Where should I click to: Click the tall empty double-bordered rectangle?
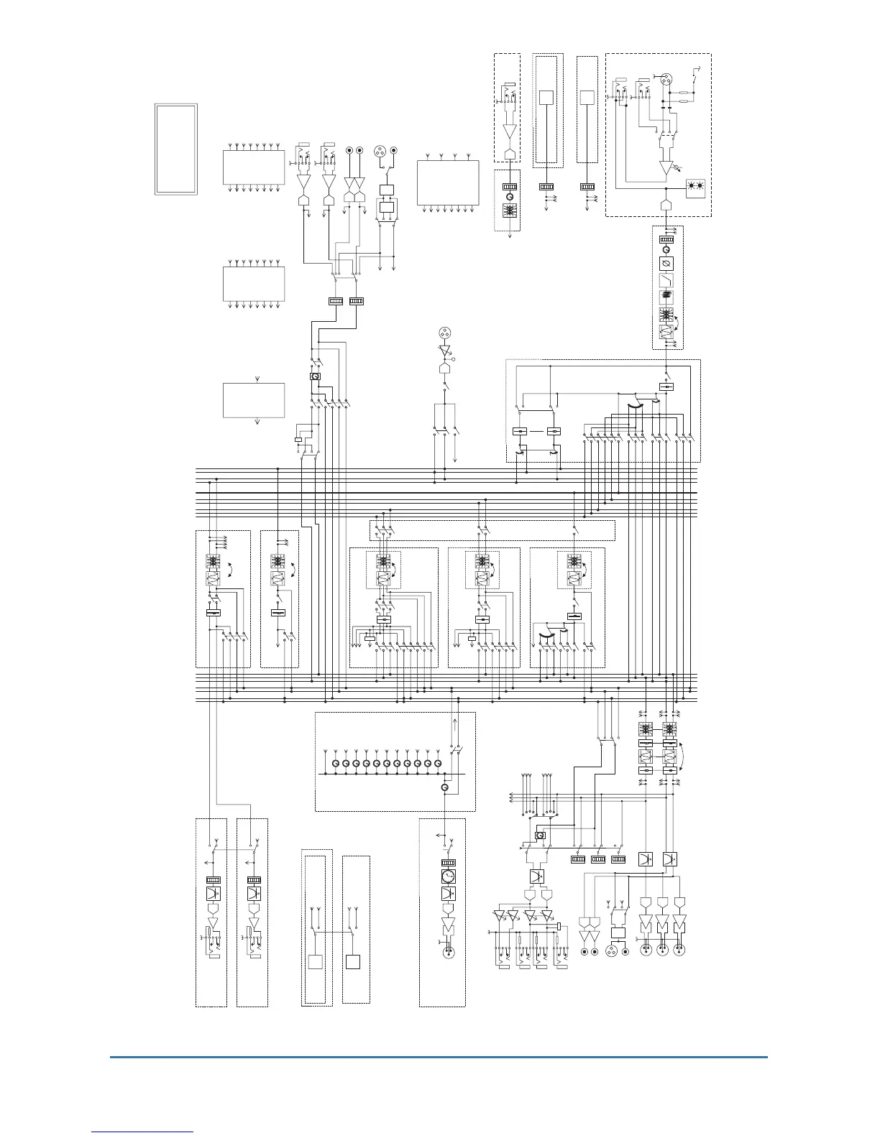pyautogui.click(x=175, y=149)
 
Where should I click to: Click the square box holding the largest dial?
pyautogui.click(x=448, y=876)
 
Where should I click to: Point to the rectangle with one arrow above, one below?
pyautogui.click(x=254, y=400)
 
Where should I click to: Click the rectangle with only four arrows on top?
pyautogui.click(x=448, y=184)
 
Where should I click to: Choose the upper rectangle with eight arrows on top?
pyautogui.click(x=254, y=167)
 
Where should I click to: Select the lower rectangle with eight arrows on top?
pyautogui.click(x=254, y=284)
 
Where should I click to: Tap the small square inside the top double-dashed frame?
pyautogui.click(x=546, y=97)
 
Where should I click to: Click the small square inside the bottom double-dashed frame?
pyautogui.click(x=315, y=962)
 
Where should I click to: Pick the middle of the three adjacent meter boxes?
pyautogui.click(x=598, y=859)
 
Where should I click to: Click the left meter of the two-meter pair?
pyautogui.click(x=336, y=301)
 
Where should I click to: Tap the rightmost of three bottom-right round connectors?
pyautogui.click(x=679, y=950)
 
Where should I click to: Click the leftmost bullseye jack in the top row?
pyautogui.click(x=349, y=150)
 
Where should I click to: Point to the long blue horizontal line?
pyautogui.click(x=439, y=1057)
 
